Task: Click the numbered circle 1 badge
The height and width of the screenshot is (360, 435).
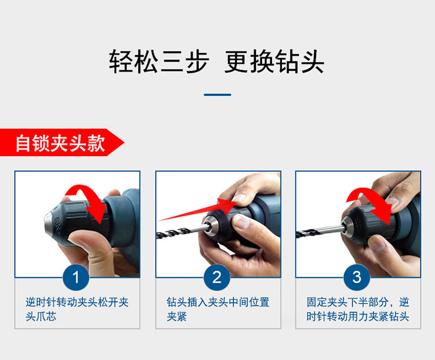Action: click(x=76, y=277)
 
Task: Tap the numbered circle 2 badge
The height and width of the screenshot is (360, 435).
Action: click(x=217, y=277)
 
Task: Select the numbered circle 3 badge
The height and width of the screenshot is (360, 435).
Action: click(x=357, y=277)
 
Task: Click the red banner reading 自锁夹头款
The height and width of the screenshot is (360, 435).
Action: click(x=61, y=142)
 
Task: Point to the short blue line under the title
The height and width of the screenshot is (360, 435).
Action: click(x=217, y=95)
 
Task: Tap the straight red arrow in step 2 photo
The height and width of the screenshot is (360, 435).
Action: click(x=198, y=210)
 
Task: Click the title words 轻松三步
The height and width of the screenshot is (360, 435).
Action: click(x=159, y=62)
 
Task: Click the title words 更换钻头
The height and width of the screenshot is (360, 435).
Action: click(x=274, y=62)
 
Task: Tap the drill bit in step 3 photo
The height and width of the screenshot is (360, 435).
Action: click(x=320, y=231)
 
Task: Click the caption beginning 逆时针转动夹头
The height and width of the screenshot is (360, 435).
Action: click(x=77, y=309)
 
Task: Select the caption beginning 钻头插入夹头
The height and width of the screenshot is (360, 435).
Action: click(x=218, y=309)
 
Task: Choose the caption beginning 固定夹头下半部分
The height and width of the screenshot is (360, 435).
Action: click(x=358, y=309)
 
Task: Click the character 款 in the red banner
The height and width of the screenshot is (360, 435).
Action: click(x=96, y=143)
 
